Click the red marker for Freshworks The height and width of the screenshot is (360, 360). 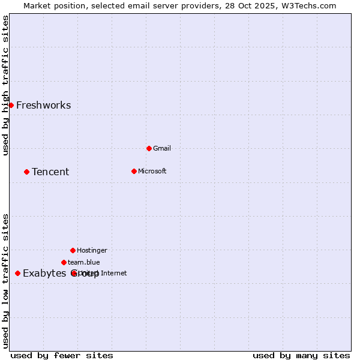point(11,105)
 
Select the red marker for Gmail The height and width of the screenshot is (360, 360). point(149,148)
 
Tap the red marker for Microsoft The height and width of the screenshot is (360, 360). point(134,171)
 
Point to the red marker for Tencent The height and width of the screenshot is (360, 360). point(26,172)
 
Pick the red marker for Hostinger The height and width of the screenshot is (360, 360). point(73,250)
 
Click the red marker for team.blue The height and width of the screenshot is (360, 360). point(64,262)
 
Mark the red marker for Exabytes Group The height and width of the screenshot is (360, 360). point(17,273)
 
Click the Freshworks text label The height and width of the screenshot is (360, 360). point(43,106)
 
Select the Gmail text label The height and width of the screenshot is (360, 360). point(162,148)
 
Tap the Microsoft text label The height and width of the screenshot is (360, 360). point(152,171)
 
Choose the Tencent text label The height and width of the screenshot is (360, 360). point(50,172)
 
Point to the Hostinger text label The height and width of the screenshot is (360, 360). point(92,250)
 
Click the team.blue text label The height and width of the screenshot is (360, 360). point(84,262)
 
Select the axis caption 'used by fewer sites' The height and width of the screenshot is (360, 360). point(62,355)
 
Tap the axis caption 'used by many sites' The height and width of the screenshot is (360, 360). point(301,355)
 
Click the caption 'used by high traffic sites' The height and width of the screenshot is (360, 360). point(5,85)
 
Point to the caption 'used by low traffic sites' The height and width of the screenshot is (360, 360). point(5,281)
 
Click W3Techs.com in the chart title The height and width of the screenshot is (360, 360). point(307,5)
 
